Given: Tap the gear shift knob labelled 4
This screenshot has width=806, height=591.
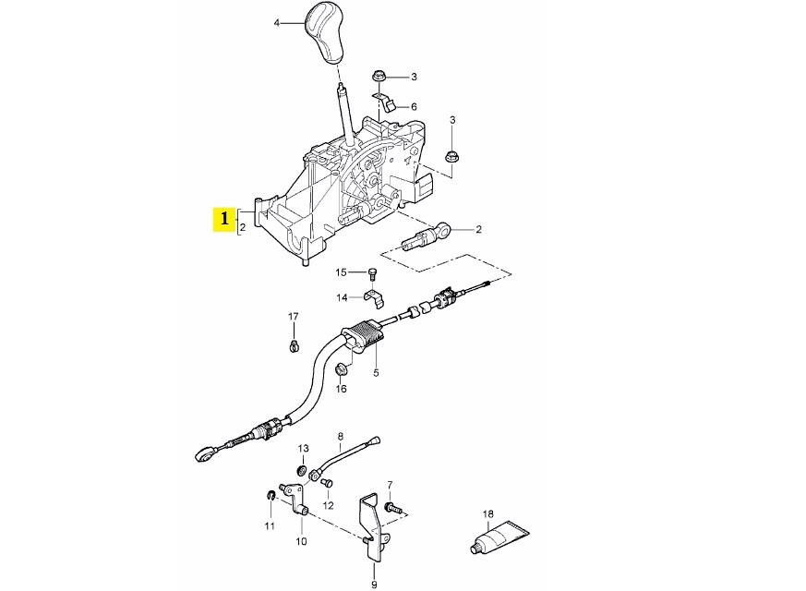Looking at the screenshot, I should [328, 33].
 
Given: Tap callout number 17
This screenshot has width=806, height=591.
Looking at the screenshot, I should [294, 317].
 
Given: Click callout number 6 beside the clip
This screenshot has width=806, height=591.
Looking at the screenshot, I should [414, 107].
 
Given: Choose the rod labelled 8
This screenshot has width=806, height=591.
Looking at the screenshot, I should [347, 458].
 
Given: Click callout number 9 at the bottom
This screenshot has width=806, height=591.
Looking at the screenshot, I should [374, 584].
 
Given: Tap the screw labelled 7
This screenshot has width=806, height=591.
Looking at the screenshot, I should [394, 507].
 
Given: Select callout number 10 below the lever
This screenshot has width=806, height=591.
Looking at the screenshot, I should [301, 542].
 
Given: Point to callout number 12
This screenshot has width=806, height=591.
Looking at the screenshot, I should [328, 506].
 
